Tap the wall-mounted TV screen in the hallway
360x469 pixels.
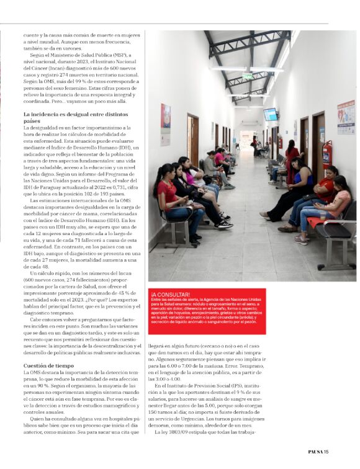tap(271, 115)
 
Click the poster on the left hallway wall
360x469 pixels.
tap(166, 125)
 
